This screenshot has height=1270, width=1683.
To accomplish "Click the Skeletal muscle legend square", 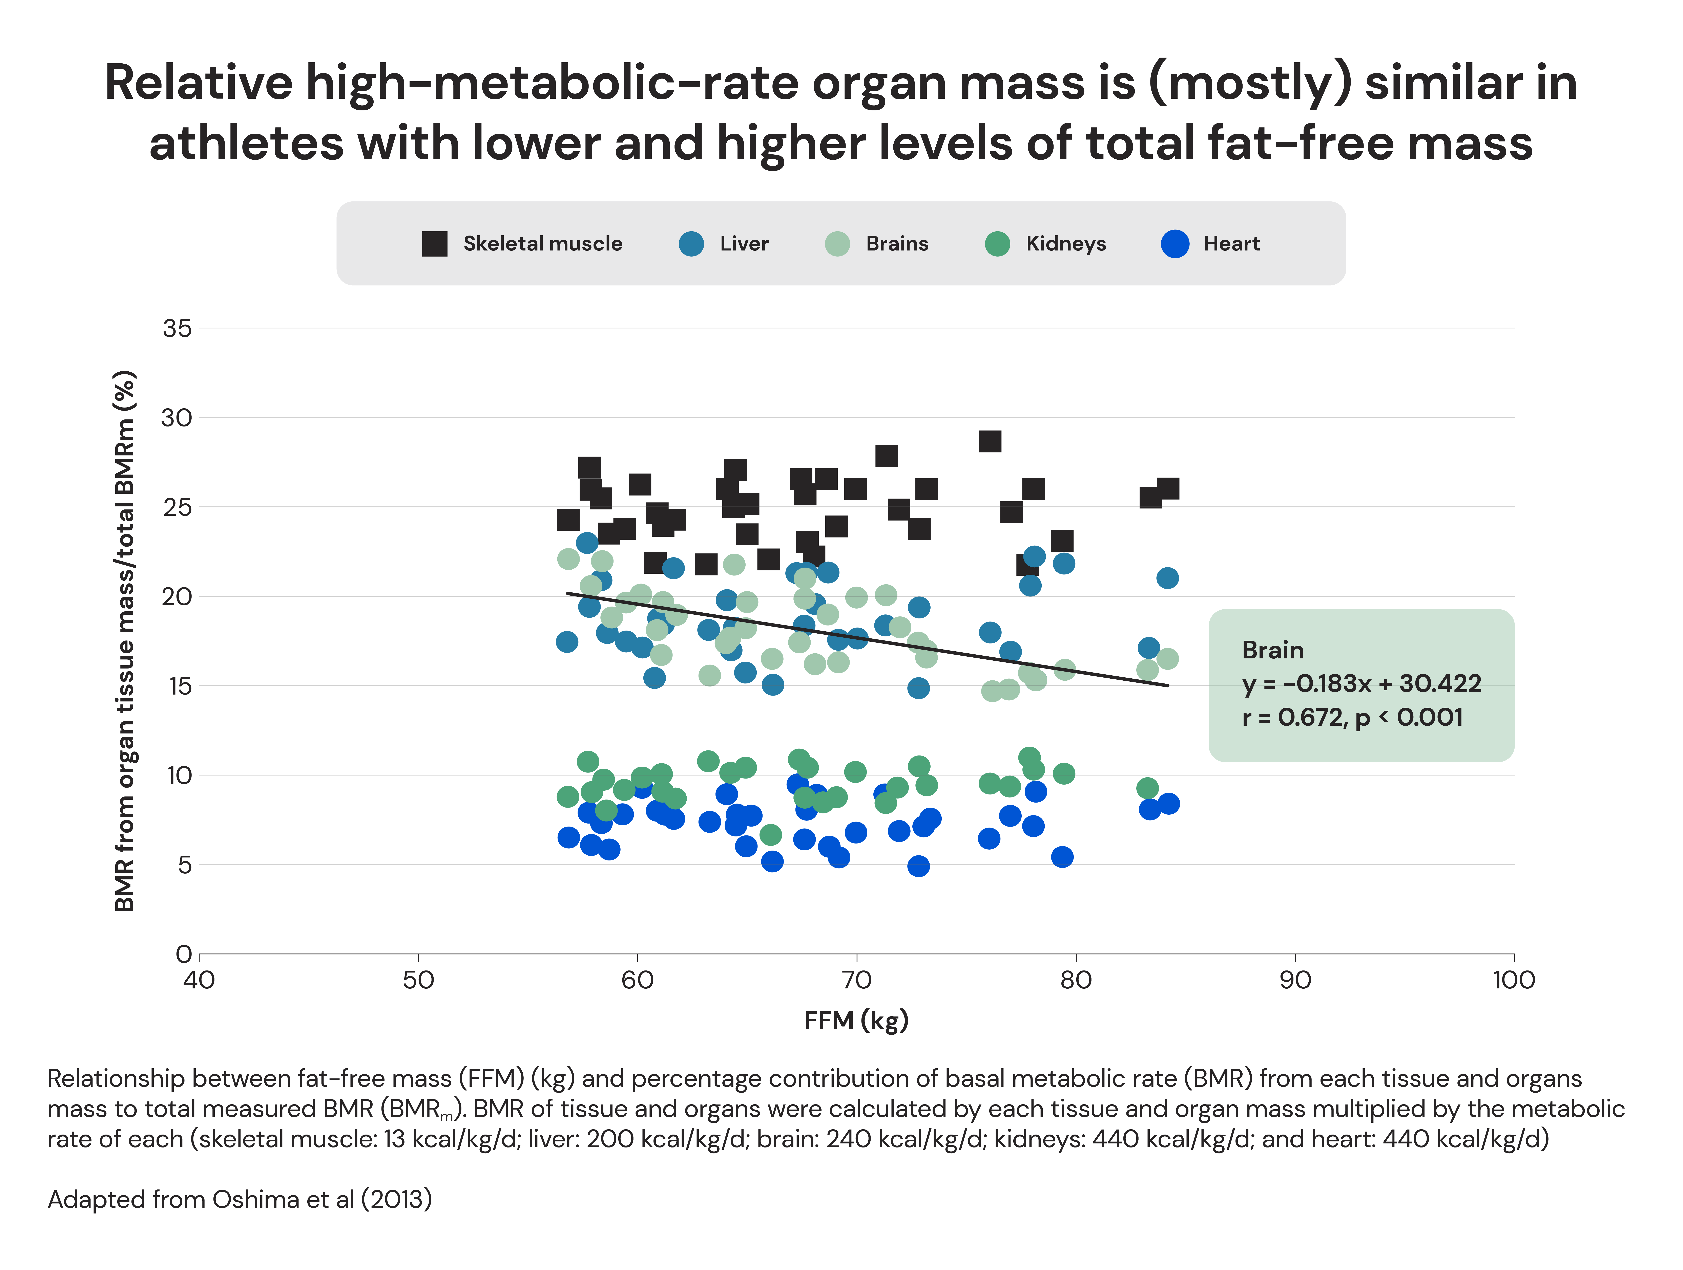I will tap(434, 244).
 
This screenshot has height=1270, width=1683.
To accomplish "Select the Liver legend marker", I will tap(691, 244).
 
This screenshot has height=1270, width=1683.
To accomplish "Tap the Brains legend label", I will tap(897, 244).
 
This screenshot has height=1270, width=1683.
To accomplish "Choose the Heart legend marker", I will tap(1175, 244).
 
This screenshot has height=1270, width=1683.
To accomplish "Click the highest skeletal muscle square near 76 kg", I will tap(989, 441).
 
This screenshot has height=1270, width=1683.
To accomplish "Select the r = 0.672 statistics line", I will tap(1352, 717).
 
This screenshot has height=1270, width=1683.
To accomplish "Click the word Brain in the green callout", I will tap(1272, 650).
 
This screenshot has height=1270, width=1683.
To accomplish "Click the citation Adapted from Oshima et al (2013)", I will tap(240, 1199).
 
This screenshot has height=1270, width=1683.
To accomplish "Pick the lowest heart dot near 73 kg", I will tap(918, 866).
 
